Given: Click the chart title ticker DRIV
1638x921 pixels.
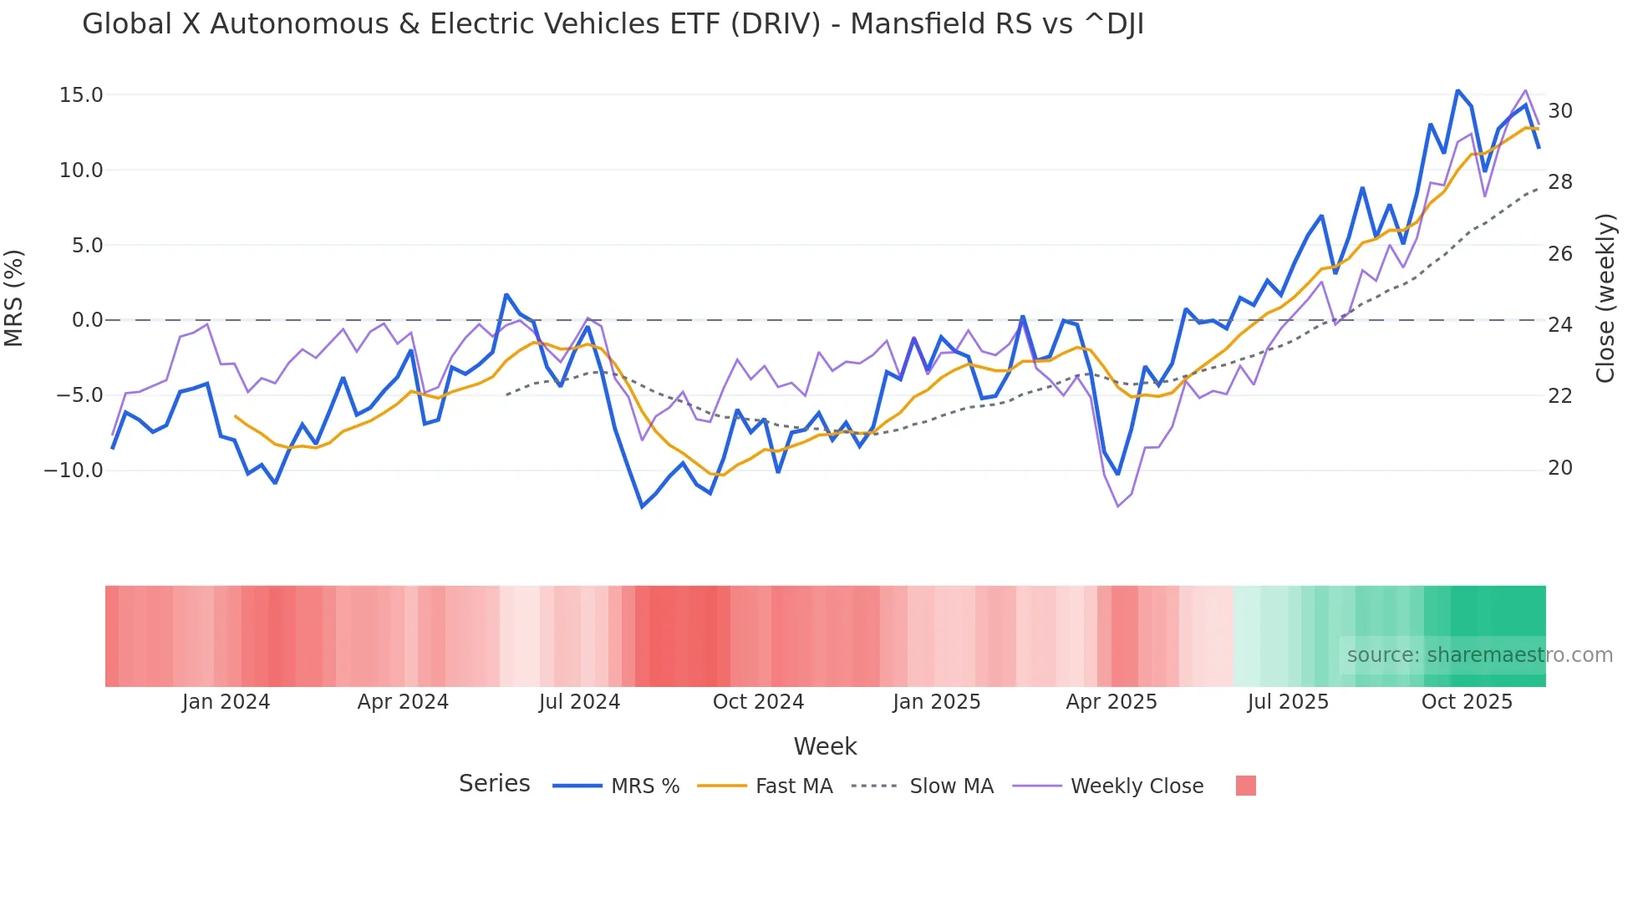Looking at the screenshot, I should pyautogui.click(x=776, y=24).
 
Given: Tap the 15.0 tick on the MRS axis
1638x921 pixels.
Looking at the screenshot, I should pyautogui.click(x=81, y=95).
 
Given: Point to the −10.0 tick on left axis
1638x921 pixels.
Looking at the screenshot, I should pyautogui.click(x=74, y=471).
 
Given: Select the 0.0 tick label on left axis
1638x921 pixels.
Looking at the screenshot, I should pyautogui.click(x=87, y=320).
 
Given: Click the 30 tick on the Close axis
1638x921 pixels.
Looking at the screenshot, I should pyautogui.click(x=1560, y=111).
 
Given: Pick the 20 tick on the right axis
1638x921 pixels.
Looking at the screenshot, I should pyautogui.click(x=1560, y=468).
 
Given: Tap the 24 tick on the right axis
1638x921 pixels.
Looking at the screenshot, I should pyautogui.click(x=1560, y=325).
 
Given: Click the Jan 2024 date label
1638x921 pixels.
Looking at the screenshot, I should pyautogui.click(x=226, y=702).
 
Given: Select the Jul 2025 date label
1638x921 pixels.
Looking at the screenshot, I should pyautogui.click(x=1288, y=702).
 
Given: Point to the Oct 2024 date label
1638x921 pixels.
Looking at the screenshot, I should pyautogui.click(x=758, y=702).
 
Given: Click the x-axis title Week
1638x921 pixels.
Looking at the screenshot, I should pyautogui.click(x=825, y=746).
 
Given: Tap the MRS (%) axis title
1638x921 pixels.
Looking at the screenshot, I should pyautogui.click(x=14, y=298).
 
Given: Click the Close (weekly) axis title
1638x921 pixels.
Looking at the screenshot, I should pyautogui.click(x=1605, y=298).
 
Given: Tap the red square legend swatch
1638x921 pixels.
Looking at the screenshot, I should pyautogui.click(x=1245, y=786).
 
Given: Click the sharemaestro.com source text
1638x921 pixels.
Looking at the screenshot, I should pyautogui.click(x=1479, y=655).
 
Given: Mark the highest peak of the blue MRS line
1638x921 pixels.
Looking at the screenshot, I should pyautogui.click(x=1457, y=90).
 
